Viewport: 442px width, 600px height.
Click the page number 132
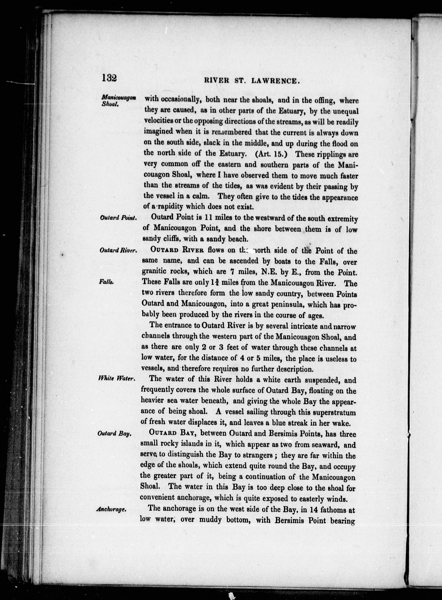coord(109,78)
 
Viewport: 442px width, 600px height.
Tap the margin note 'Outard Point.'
coord(118,218)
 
